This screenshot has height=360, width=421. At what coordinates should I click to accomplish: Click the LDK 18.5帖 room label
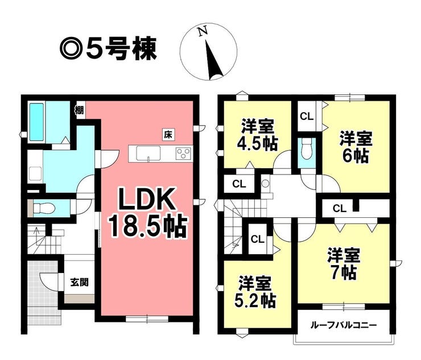[x=147, y=212]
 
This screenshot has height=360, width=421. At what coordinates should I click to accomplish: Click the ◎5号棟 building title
[x=108, y=49]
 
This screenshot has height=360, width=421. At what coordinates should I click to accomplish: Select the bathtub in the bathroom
[x=36, y=122]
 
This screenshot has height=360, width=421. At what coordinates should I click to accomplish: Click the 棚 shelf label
[x=80, y=110]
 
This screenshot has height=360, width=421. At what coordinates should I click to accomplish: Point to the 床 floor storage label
[x=168, y=134]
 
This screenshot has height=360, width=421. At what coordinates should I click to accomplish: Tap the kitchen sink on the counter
[x=148, y=154]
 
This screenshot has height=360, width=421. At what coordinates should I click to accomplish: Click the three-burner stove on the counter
[x=184, y=154]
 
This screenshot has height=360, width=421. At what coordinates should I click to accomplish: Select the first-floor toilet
[x=43, y=208]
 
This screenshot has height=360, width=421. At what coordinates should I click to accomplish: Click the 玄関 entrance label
[x=79, y=282]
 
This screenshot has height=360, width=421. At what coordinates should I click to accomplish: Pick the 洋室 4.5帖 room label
[x=258, y=134]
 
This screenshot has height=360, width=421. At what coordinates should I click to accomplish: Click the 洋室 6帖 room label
[x=356, y=147]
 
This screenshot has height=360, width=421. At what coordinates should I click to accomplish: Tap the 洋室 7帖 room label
[x=344, y=264]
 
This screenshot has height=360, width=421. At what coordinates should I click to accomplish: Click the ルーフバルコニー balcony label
[x=344, y=326]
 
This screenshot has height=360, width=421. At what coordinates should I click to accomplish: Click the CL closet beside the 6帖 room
[x=307, y=117]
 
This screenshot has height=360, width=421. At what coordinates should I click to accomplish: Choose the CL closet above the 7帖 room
[x=340, y=208]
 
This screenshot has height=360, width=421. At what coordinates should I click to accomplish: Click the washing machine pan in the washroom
[x=35, y=173]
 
